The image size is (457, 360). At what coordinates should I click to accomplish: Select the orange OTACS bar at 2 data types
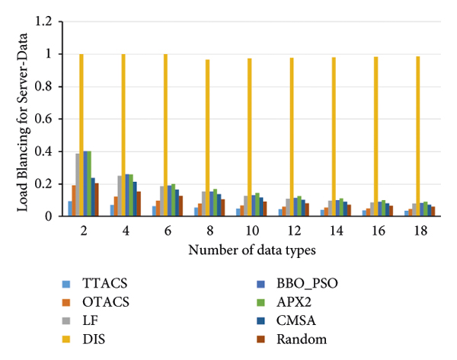[x=73, y=200]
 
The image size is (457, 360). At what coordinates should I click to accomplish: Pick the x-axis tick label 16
[x=376, y=231]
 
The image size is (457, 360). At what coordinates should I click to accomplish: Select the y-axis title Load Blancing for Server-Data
[x=23, y=119]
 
